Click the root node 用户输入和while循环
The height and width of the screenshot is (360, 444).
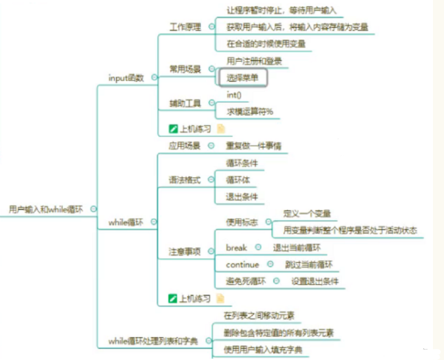[x=46, y=209]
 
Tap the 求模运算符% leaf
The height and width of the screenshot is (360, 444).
[x=249, y=111]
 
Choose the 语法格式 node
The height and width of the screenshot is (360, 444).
[x=184, y=179]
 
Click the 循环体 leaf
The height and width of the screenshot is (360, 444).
[x=237, y=179]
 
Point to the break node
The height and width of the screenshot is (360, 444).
[x=236, y=247]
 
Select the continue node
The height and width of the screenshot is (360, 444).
[x=242, y=264]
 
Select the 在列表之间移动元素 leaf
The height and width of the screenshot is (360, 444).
[x=259, y=315]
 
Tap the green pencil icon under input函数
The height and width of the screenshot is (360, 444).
[x=173, y=127]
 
